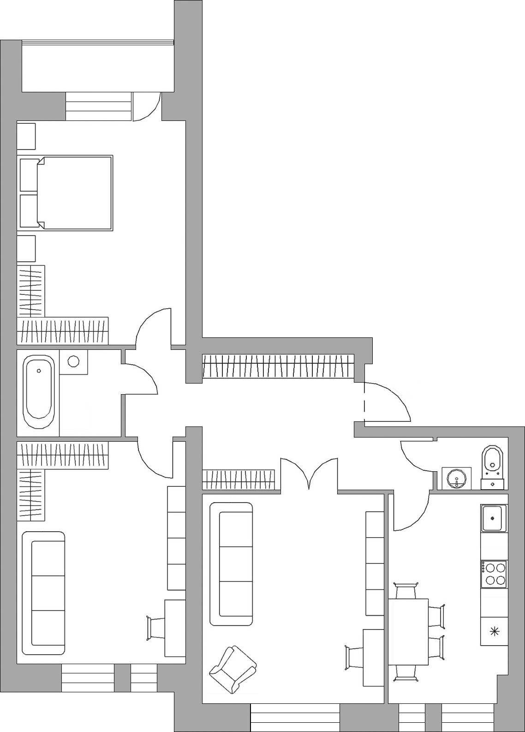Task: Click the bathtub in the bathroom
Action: tap(39, 392)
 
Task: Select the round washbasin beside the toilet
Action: tap(457, 478)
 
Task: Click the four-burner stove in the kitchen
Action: tap(494, 574)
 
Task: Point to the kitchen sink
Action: tap(494, 518)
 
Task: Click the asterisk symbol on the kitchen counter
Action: tap(494, 631)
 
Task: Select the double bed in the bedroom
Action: tap(74, 193)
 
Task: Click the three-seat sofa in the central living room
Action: tap(231, 564)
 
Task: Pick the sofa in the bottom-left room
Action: tap(43, 593)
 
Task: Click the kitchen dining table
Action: tap(408, 631)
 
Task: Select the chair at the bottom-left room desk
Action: tap(155, 628)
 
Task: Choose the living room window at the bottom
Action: tap(295, 717)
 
